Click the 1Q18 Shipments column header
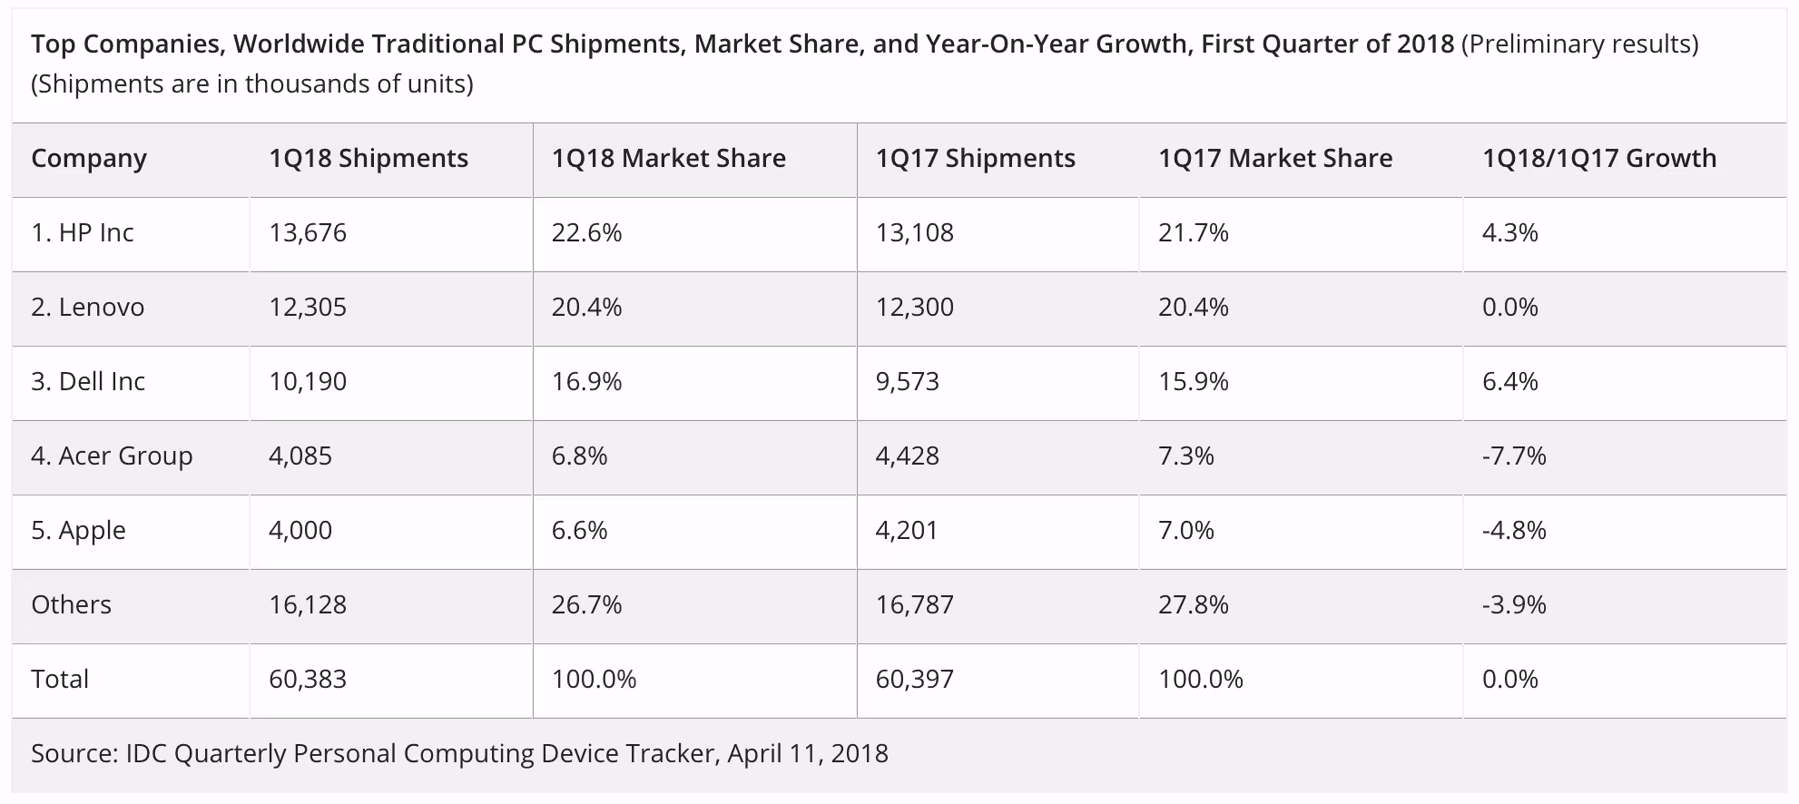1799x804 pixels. point(369,159)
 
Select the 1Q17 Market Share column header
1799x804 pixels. point(1275,159)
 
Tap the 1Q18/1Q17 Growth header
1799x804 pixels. point(1599,159)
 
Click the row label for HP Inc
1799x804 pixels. point(83,233)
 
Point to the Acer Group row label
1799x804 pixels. point(112,456)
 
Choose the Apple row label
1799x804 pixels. point(78,531)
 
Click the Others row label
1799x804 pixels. point(71,605)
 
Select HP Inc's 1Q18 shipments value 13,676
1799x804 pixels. point(308,233)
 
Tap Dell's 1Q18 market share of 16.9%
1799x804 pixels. point(587,382)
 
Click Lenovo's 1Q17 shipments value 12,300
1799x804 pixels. point(915,308)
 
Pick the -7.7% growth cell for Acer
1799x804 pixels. point(1514,456)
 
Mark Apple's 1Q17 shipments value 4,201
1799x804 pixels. point(907,531)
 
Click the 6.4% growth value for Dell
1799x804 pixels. point(1510,382)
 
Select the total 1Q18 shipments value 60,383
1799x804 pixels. point(308,680)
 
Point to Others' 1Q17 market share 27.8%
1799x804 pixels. point(1194,605)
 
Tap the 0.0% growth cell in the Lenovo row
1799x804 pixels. point(1510,308)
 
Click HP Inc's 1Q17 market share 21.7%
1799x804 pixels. point(1194,233)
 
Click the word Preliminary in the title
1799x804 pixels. point(1536,44)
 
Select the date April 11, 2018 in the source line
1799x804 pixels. point(808,754)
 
